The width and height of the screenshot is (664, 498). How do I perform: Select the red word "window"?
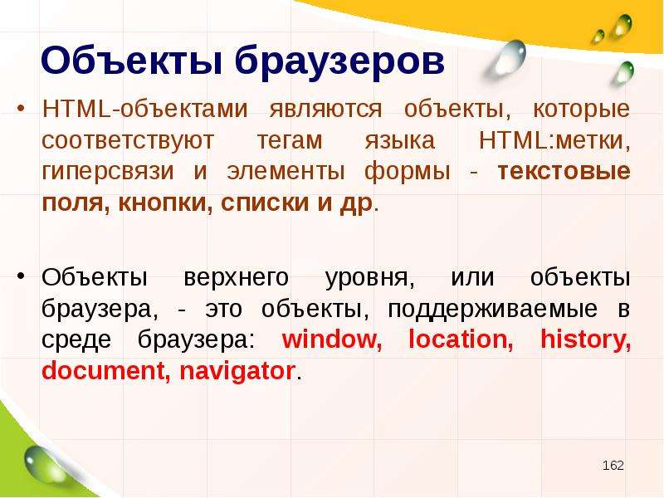pyautogui.click(x=331, y=339)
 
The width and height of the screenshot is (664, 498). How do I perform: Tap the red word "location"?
pyautogui.click(x=461, y=339)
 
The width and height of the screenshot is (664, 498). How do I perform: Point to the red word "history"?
pyautogui.click(x=586, y=340)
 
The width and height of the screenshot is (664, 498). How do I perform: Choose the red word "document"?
pyautogui.click(x=103, y=371)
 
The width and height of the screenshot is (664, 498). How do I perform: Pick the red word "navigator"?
pyautogui.click(x=237, y=371)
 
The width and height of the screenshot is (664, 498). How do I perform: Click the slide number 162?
pyautogui.click(x=613, y=466)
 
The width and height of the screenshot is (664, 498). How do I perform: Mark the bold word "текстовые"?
pyautogui.click(x=564, y=172)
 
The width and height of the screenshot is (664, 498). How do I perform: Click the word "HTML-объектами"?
pyautogui.click(x=144, y=109)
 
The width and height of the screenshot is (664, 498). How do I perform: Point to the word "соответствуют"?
pyautogui.click(x=128, y=140)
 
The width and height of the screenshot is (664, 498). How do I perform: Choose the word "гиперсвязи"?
pyautogui.click(x=108, y=172)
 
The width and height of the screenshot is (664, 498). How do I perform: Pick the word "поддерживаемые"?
pyautogui.click(x=492, y=309)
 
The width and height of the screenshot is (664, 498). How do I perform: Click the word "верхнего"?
pyautogui.click(x=237, y=278)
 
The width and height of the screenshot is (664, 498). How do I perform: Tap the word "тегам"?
pyautogui.click(x=290, y=140)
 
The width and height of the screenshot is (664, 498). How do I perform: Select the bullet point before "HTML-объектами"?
pyautogui.click(x=21, y=109)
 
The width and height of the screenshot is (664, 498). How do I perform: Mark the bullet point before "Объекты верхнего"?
pyautogui.click(x=21, y=277)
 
